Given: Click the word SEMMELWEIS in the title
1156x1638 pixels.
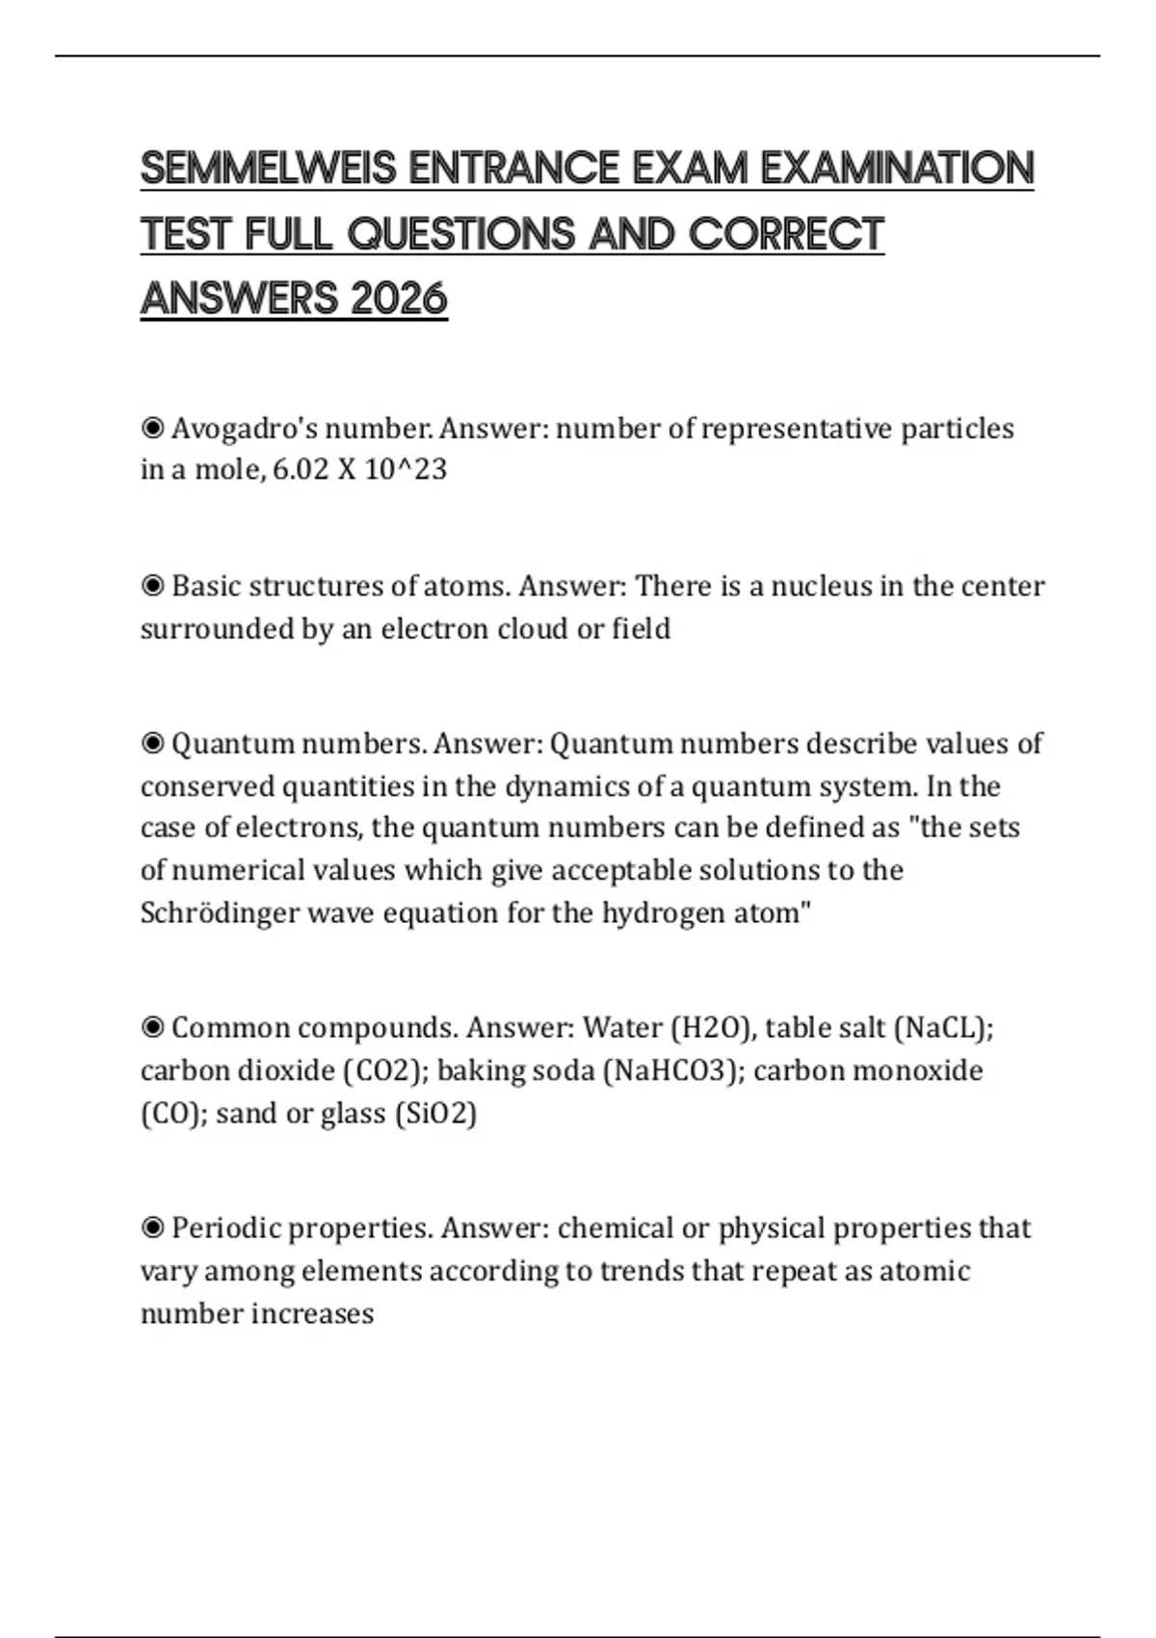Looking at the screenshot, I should click(268, 169).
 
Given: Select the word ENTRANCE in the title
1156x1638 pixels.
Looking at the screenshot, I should click(514, 169).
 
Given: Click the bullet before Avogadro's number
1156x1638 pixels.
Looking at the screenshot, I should click(152, 428).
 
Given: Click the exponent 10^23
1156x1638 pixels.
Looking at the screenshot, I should click(406, 470).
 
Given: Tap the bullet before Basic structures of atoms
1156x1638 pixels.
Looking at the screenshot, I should click(152, 586).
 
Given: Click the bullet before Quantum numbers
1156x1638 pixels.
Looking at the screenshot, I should click(152, 744).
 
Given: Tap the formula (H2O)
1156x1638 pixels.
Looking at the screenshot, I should click(712, 1028).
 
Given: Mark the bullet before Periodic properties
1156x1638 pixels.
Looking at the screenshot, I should click(152, 1228).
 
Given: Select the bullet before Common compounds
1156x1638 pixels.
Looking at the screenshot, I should click(152, 1028).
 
